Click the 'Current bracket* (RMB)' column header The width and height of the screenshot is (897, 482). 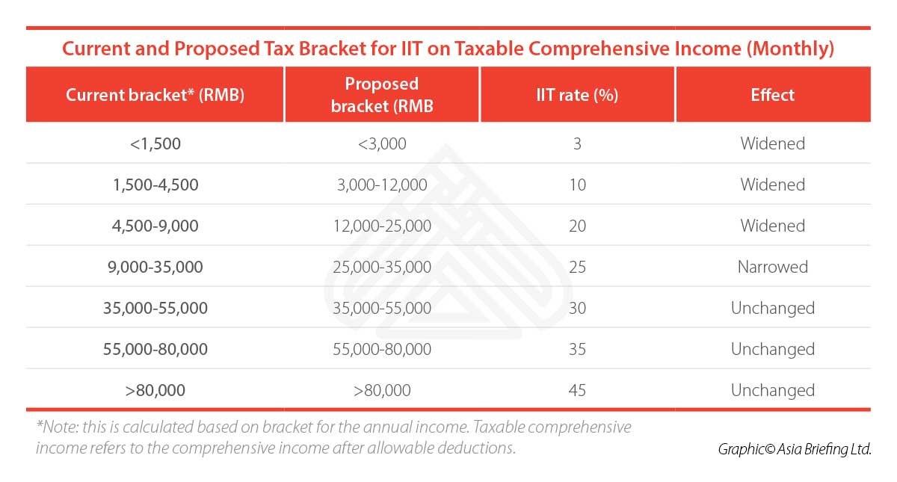point(155,95)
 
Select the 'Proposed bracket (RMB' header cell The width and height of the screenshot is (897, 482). point(382,95)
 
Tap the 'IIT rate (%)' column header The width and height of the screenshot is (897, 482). point(577,95)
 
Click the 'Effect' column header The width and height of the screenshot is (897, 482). point(772,95)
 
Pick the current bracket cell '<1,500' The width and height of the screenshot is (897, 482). point(155,143)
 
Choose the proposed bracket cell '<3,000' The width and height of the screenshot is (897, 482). point(382,143)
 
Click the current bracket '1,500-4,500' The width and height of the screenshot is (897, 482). point(155,185)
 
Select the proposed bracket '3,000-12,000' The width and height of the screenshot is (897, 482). point(382,185)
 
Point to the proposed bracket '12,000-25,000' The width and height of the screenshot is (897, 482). point(382,226)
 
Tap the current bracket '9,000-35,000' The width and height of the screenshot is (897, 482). point(155,267)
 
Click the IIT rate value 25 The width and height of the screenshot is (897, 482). point(577,267)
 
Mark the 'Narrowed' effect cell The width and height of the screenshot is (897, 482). point(772,267)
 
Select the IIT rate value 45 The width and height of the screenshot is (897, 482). point(577,390)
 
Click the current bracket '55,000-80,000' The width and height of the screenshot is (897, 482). point(155,349)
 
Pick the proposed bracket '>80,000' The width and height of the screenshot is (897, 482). point(382,390)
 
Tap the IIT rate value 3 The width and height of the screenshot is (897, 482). point(577,143)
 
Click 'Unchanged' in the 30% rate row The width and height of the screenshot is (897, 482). point(772,308)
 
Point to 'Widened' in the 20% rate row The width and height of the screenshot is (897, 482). point(772,226)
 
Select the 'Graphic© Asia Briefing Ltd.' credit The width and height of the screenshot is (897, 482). point(795,449)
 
